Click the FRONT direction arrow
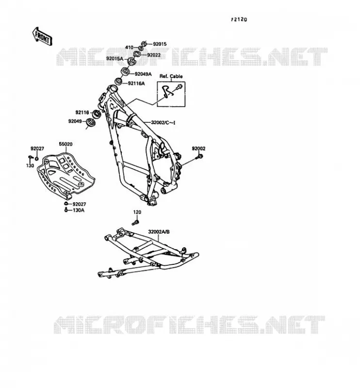tap(42, 36)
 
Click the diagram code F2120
tap(239, 19)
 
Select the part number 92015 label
tap(160, 44)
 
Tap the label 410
tap(129, 47)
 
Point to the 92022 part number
tap(154, 55)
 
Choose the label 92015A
tap(115, 59)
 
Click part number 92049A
tap(143, 74)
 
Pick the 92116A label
tap(136, 83)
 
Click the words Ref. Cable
tap(171, 76)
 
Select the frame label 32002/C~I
tap(163, 122)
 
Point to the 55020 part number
tap(65, 144)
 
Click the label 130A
tap(79, 210)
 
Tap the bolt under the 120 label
tap(136, 222)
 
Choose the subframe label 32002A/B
tap(159, 232)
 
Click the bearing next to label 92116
tap(97, 114)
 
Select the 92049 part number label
tap(75, 121)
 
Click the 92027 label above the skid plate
tap(37, 148)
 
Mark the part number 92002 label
tap(198, 148)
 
